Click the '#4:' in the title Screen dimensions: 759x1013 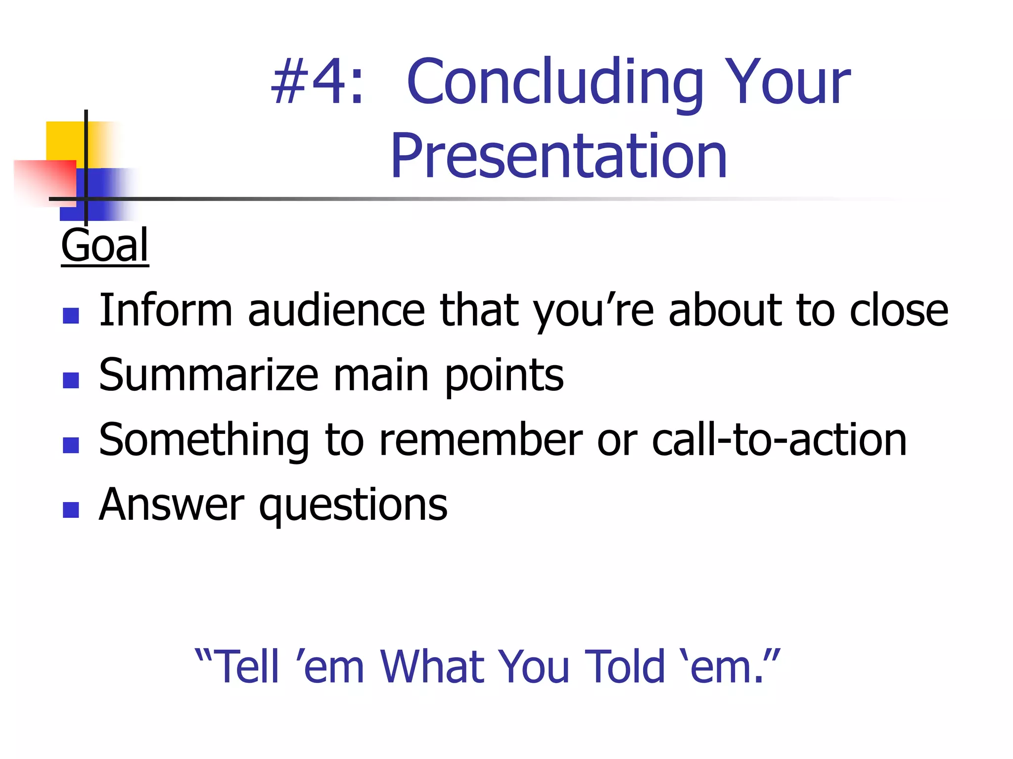pyautogui.click(x=318, y=82)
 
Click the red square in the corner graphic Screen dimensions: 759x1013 pyautogui.click(x=47, y=180)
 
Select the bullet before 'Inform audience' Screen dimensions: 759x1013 pyautogui.click(x=71, y=316)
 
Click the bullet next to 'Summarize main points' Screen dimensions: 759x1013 pyautogui.click(x=71, y=380)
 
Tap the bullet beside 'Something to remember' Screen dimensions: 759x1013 pyautogui.click(x=71, y=445)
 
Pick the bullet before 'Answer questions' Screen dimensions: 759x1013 pyautogui.click(x=71, y=510)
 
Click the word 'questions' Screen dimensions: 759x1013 pyautogui.click(x=353, y=506)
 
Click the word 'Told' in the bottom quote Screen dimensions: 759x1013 pyautogui.click(x=625, y=667)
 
